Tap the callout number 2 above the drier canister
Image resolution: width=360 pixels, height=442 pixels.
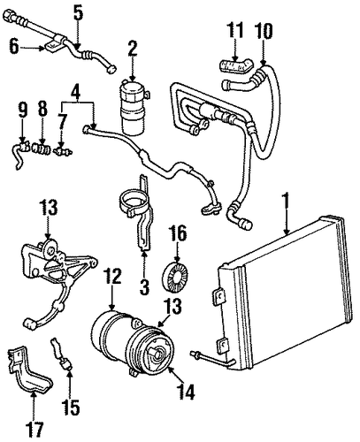tap(133, 50)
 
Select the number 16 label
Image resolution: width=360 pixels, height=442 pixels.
tap(178, 233)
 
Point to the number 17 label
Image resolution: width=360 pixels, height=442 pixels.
tap(34, 431)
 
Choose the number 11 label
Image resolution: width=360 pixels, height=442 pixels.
tap(235, 30)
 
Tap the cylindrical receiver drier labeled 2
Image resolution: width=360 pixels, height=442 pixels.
tap(134, 108)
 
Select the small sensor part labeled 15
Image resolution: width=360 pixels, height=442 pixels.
tap(63, 354)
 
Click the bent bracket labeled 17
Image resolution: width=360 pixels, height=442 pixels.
tap(29, 370)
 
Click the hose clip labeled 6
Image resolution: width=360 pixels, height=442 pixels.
tap(54, 48)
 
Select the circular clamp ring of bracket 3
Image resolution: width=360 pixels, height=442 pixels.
tap(134, 201)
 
